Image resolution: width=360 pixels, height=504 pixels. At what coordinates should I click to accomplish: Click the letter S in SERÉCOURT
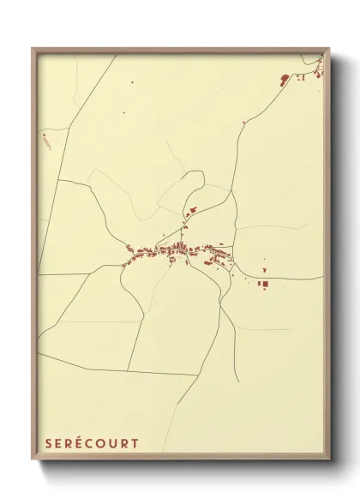[x=49, y=444]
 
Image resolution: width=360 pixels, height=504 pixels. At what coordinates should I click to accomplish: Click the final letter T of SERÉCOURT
[x=135, y=444]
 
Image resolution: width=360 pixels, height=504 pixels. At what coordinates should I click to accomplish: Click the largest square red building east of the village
[x=264, y=283]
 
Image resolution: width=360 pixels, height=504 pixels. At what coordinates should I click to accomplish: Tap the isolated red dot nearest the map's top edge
[x=133, y=82]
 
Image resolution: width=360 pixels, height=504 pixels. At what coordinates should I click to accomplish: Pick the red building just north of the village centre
[x=192, y=209]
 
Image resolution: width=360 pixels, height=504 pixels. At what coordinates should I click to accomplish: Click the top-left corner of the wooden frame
[x=33, y=49]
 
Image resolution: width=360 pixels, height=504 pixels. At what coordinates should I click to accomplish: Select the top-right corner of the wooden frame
[x=329, y=49]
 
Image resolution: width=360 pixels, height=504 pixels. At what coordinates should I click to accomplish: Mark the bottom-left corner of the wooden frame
[x=33, y=461]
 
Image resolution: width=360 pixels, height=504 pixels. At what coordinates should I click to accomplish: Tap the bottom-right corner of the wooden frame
[x=329, y=461]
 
